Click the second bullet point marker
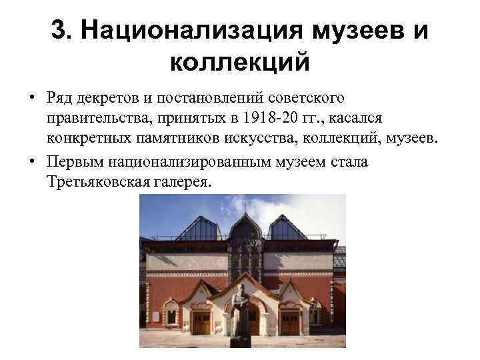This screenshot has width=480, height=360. (x=33, y=163)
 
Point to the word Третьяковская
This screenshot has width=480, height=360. (x=99, y=183)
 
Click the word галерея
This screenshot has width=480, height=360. (x=182, y=183)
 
